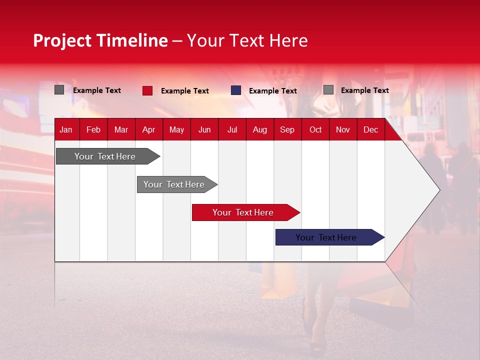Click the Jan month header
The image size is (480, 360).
[x=66, y=129]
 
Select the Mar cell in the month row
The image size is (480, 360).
[x=121, y=129]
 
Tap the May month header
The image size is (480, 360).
[x=176, y=129]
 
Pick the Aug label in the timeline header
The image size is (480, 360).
[x=259, y=129]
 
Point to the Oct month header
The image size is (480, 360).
[x=315, y=129]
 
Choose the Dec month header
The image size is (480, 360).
[x=370, y=129]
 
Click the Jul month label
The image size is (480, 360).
[x=232, y=129]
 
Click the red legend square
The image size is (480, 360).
[x=147, y=90]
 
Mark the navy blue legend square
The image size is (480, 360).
[x=236, y=90]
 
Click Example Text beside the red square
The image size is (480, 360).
[x=184, y=91]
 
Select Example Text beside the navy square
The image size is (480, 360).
[x=272, y=91]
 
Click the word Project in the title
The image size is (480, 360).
[x=62, y=40]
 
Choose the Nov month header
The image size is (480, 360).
[x=342, y=129]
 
